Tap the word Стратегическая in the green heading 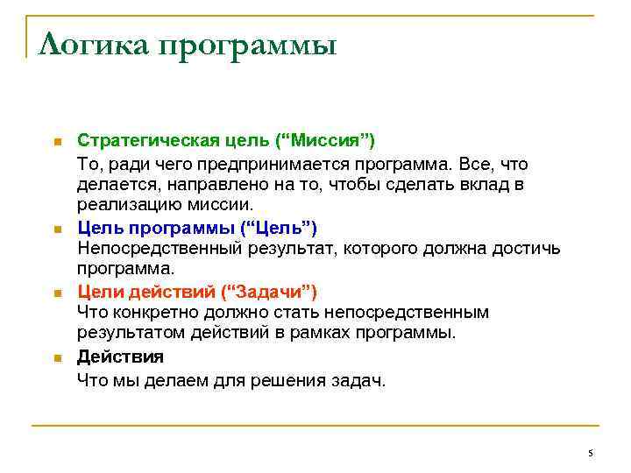[137, 141]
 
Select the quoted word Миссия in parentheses [333, 141]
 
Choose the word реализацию [122, 206]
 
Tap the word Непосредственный [149, 249]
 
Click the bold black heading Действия [120, 357]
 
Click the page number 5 [591, 453]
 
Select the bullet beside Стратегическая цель [57, 142]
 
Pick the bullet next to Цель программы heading [57, 229]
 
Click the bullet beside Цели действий [57, 293]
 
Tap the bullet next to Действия [57, 357]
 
